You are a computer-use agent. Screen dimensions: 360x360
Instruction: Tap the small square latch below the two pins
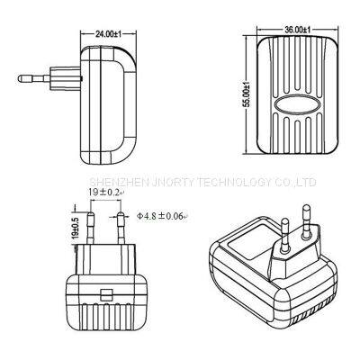click(x=105, y=294)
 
